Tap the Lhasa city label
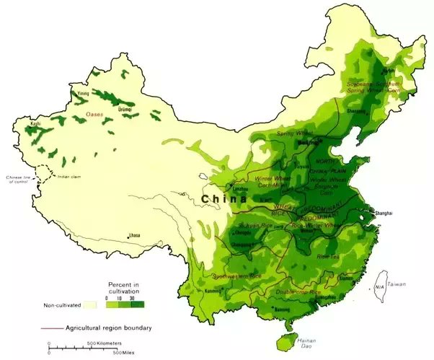(x=135, y=236)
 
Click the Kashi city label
(x=35, y=124)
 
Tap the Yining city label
(x=84, y=93)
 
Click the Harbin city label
(x=389, y=71)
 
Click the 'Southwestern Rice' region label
(x=236, y=276)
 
